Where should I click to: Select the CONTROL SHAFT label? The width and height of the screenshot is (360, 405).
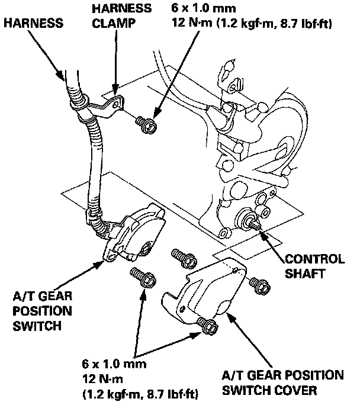[x=314, y=266]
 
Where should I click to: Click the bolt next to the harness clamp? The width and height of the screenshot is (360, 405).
[x=146, y=124]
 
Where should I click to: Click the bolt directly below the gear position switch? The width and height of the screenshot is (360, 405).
[x=138, y=276]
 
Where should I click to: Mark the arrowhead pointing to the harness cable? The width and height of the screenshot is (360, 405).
[x=63, y=75]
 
